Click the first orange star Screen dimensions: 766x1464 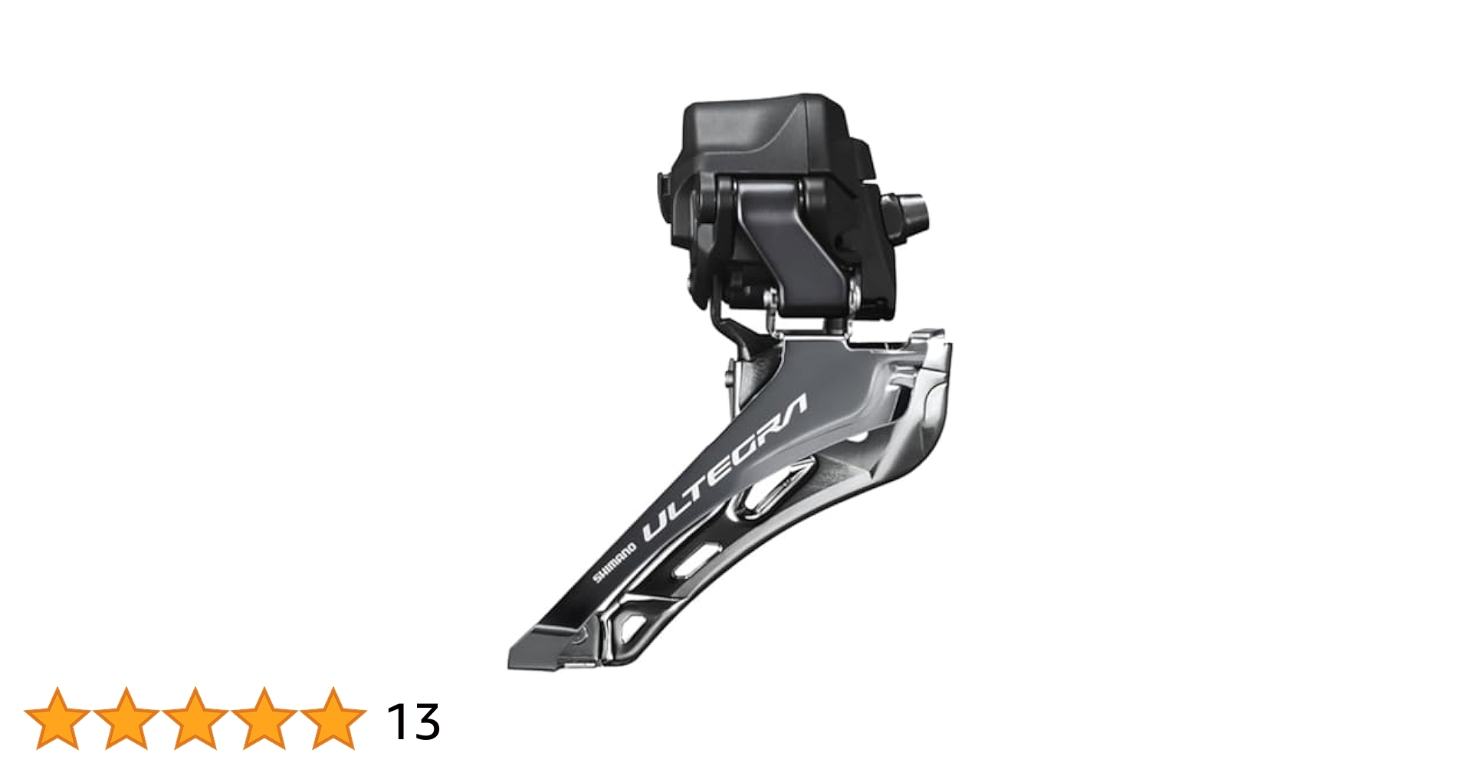57,719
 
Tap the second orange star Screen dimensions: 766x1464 126,719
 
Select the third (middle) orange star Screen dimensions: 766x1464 195,719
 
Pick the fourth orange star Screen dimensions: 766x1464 264,719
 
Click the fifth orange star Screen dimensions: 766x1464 333,719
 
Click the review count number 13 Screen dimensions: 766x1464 413,722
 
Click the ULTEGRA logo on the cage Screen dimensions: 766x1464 724,469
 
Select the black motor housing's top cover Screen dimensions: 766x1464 766,130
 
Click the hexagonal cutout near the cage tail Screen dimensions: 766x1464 633,624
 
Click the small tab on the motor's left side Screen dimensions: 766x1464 661,188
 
